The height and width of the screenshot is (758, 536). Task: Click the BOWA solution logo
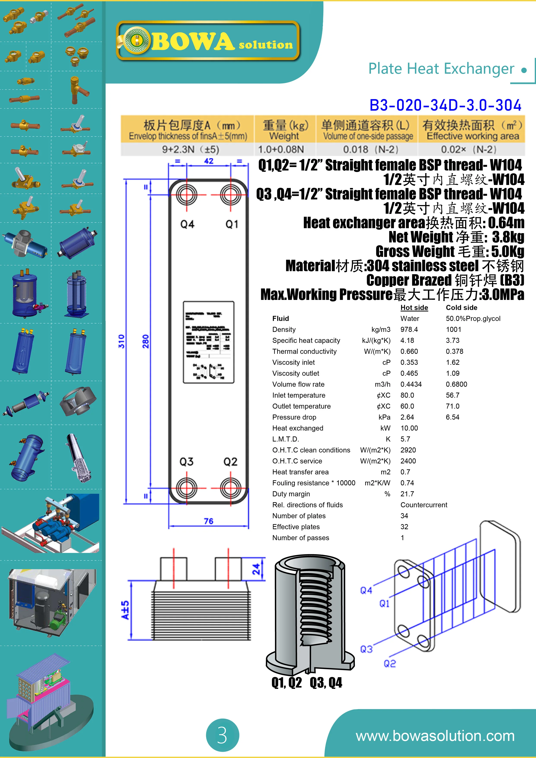(208, 41)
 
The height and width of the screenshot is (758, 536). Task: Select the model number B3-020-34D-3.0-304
(445, 105)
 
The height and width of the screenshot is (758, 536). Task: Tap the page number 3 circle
(222, 735)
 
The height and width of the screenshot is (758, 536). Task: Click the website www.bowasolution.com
(435, 736)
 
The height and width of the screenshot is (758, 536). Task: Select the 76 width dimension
(208, 521)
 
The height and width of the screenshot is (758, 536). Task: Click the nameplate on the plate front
(208, 342)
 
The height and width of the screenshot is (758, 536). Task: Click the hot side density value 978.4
(409, 330)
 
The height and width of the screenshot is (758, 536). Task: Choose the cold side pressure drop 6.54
(452, 417)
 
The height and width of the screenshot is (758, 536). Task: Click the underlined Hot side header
(414, 308)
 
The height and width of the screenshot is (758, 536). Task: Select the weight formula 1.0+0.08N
(281, 150)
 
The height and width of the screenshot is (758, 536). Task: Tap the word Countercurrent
(424, 505)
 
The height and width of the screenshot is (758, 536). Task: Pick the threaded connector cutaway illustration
(309, 614)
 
